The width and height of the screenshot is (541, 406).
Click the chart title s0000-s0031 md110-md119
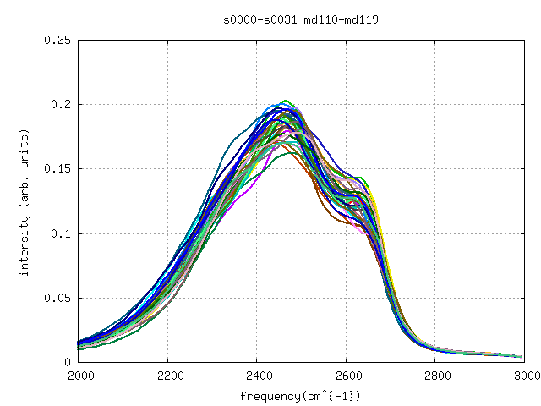coord(300,18)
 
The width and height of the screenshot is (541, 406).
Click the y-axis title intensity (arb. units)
coord(25,201)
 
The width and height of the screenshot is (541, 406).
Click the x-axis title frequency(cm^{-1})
coord(300,396)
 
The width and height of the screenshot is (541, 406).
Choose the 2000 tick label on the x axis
coord(79,376)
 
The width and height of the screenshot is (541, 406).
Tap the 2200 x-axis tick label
coord(168,376)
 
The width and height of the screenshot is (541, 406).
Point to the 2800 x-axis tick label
coord(436,376)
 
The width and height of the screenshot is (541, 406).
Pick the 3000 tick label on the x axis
coord(525,376)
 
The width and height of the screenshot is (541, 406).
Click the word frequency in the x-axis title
coord(268,396)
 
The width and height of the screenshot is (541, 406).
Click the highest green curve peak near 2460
coord(285,101)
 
